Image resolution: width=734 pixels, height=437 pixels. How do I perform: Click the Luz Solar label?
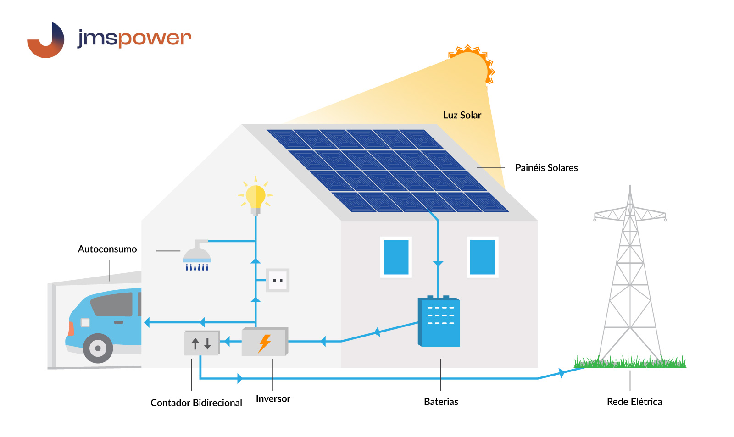(462, 115)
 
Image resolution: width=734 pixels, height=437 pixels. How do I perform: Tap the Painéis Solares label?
(546, 168)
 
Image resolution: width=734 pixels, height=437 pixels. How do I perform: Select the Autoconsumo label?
(107, 249)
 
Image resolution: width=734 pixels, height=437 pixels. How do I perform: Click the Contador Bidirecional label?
(196, 403)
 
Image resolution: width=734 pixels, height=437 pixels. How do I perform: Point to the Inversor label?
(273, 398)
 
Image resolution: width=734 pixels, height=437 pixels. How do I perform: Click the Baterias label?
(441, 402)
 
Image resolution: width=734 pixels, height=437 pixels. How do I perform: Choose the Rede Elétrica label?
(634, 402)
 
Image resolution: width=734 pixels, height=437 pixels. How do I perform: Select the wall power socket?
(278, 280)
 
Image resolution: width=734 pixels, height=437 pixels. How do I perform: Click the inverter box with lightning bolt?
(265, 342)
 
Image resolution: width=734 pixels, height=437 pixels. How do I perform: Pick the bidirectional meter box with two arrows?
(201, 343)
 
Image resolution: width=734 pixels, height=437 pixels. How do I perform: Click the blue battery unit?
(439, 322)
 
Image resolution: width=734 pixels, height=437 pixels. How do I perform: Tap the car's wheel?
(98, 348)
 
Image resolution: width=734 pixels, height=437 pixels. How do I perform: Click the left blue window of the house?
(396, 257)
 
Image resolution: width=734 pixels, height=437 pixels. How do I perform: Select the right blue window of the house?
(483, 257)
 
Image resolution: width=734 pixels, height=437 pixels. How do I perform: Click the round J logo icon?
(46, 40)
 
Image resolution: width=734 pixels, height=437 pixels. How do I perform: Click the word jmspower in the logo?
(134, 38)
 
